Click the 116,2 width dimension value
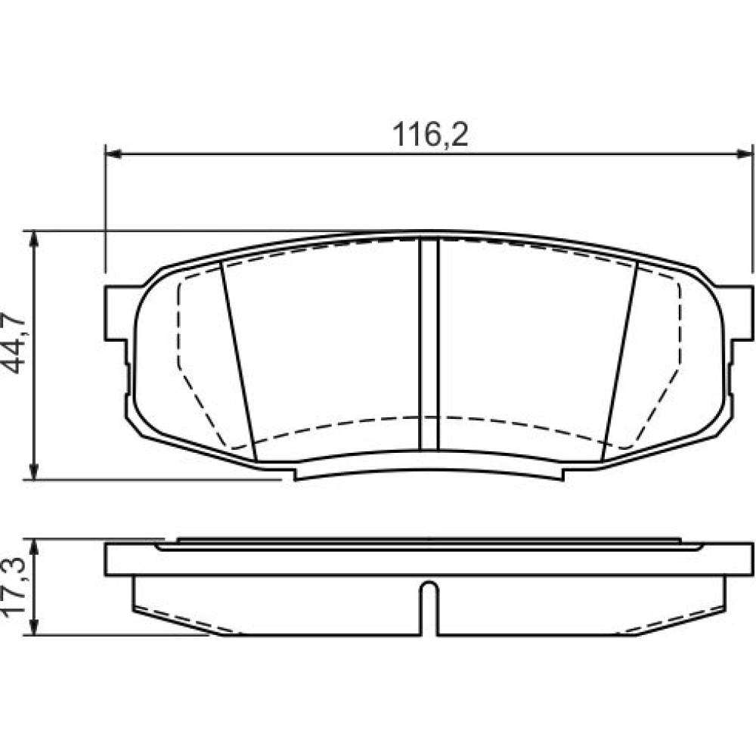430,135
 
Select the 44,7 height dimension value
14,343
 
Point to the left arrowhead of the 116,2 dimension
113,153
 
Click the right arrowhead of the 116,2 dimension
745,153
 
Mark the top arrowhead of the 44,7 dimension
34,238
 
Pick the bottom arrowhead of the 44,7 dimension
34,472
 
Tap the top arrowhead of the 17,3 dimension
34,547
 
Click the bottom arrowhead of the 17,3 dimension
34,627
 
